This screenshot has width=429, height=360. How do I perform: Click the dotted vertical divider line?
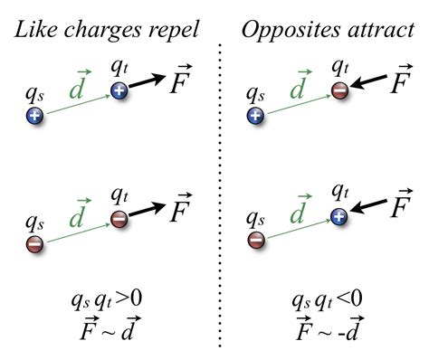(222, 181)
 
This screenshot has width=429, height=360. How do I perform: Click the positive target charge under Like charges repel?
(119, 90)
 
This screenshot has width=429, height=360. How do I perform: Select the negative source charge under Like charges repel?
(34, 242)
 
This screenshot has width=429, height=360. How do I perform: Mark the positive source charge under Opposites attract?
(256, 116)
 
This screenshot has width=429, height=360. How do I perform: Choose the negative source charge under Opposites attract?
(256, 242)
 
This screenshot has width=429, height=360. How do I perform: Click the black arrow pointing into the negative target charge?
(368, 83)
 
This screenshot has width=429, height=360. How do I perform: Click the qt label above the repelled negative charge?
(119, 192)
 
